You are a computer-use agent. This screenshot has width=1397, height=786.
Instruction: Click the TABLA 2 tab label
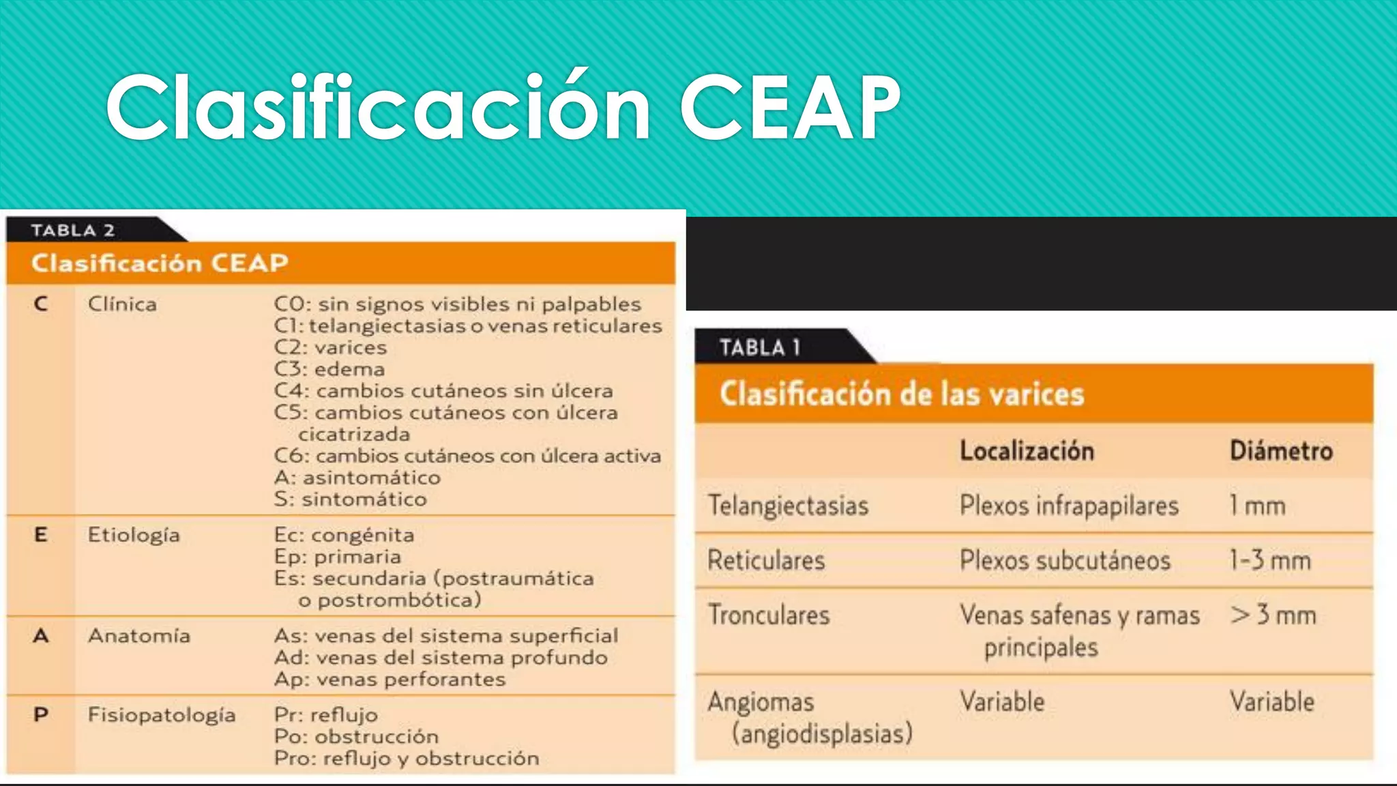pyautogui.click(x=72, y=231)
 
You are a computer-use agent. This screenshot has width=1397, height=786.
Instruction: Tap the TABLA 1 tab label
pyautogui.click(x=759, y=348)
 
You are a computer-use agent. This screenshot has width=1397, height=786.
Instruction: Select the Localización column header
pyautogui.click(x=1027, y=451)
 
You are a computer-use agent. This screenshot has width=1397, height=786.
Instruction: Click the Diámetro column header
pyautogui.click(x=1281, y=451)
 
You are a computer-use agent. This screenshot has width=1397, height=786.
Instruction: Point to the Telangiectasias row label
pyautogui.click(x=788, y=506)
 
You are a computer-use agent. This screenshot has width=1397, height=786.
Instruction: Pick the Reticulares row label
pyautogui.click(x=766, y=560)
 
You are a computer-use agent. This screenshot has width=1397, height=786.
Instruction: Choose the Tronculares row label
pyautogui.click(x=769, y=615)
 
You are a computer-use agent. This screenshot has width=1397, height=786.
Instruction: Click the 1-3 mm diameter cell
pyautogui.click(x=1270, y=560)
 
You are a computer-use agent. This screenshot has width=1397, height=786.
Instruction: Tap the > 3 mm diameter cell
pyautogui.click(x=1273, y=615)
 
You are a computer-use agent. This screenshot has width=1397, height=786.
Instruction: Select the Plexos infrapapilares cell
pyautogui.click(x=1069, y=506)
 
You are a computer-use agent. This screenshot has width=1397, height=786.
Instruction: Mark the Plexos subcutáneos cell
pyautogui.click(x=1065, y=560)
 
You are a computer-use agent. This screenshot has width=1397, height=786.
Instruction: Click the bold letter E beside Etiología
pyautogui.click(x=41, y=535)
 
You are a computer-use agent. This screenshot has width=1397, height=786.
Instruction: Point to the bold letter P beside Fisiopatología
pyautogui.click(x=41, y=715)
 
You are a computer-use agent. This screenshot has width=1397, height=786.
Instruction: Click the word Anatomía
pyautogui.click(x=139, y=636)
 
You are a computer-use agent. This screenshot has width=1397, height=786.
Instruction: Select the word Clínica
pyautogui.click(x=122, y=304)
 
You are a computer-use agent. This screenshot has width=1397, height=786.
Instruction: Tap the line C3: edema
pyautogui.click(x=329, y=369)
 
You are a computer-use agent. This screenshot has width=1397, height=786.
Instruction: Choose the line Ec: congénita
pyautogui.click(x=344, y=535)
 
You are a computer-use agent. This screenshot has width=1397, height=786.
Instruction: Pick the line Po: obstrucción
pyautogui.click(x=356, y=737)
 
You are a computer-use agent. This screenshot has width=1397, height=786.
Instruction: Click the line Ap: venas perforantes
pyautogui.click(x=389, y=680)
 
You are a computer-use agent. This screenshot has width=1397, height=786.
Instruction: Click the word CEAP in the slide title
pyautogui.click(x=790, y=108)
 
